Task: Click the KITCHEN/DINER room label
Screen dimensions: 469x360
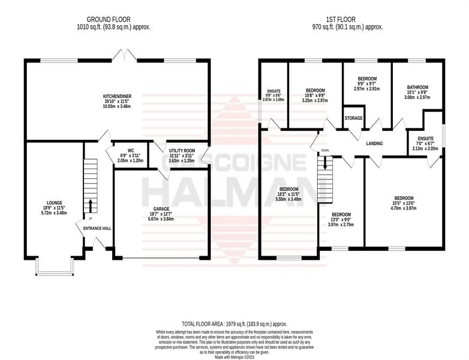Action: point(118,97)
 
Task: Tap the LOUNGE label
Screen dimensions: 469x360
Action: point(55,203)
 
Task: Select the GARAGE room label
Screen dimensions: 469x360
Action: point(161,209)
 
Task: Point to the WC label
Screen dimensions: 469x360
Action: point(130,150)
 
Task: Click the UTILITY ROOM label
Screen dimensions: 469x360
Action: point(182,151)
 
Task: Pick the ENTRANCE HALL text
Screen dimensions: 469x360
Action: point(97,229)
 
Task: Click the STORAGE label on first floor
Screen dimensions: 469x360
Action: point(353,118)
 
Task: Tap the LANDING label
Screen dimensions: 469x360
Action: point(374,143)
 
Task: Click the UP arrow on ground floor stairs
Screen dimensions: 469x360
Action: point(90,206)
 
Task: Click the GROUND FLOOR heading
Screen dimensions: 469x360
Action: point(109,20)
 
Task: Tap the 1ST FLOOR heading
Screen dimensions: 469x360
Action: point(341,20)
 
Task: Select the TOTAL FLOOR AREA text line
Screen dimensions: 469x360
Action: point(235,324)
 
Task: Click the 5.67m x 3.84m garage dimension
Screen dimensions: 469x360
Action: point(161,219)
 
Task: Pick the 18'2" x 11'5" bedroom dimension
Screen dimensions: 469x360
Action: point(289,194)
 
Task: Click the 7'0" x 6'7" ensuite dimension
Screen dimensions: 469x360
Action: point(426,143)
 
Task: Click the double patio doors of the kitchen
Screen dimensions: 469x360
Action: point(125,56)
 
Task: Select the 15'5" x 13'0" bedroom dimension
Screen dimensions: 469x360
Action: point(404,203)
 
